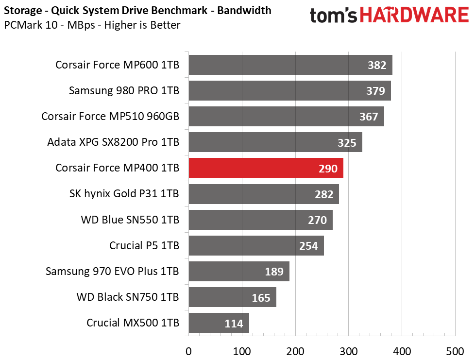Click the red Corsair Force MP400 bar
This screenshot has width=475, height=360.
point(266,168)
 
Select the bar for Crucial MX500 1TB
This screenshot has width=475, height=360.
point(219,323)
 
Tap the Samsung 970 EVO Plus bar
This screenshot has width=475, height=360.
point(239,271)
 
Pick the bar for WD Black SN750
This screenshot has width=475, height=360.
point(232,297)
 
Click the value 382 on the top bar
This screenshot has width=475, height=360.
point(377,65)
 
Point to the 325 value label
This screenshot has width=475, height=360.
point(347,143)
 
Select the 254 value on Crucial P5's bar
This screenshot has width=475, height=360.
point(308,246)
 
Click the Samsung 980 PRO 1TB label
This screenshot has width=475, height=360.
point(124,90)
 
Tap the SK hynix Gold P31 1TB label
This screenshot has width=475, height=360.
point(124,194)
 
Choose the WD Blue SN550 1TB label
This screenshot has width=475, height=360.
point(130,220)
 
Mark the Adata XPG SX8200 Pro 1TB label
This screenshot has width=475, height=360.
point(113,142)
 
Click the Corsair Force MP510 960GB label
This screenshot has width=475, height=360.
point(110,117)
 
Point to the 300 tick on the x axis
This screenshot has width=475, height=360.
point(348,352)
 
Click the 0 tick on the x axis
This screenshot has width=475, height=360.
point(188,352)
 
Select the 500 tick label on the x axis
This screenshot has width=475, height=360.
point(455,352)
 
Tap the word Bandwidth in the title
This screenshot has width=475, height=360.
point(244,10)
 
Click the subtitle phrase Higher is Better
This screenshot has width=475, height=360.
point(142,25)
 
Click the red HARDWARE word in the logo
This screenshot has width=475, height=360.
point(414,15)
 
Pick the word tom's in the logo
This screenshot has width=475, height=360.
point(334,15)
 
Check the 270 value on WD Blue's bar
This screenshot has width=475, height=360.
point(318,220)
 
